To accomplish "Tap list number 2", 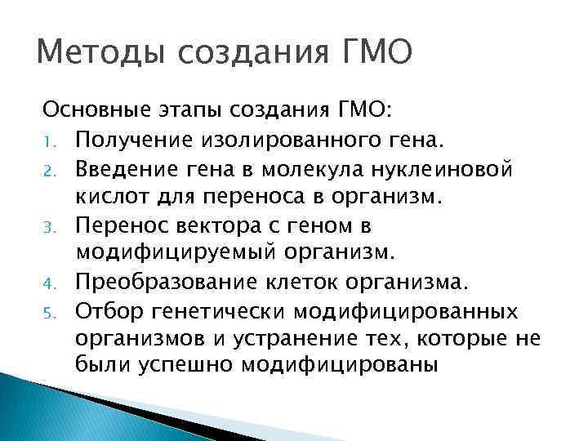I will click(x=49, y=170).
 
